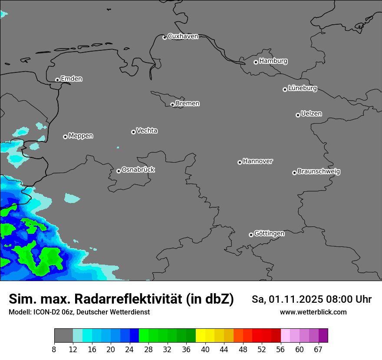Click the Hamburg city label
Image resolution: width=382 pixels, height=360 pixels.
pos(273,61)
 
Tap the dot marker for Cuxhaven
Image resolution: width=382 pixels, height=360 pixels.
pos(165,37)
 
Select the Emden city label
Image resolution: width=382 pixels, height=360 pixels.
pos(71,79)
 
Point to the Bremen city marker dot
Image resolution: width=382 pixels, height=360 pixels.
pos(172,105)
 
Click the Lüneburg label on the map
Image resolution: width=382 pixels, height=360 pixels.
pos(302,88)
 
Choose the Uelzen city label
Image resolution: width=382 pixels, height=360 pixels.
pos(311,114)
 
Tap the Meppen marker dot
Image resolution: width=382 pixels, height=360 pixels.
pos(65,137)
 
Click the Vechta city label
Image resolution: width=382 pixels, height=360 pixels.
pos(147,131)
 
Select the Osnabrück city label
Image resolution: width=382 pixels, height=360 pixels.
pos(138,170)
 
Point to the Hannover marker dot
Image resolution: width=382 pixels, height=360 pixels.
pos(240,162)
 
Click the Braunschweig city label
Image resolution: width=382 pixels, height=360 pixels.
pos(319,172)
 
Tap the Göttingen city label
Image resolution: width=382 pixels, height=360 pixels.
pos(269,234)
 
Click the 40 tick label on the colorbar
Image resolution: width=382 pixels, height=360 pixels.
pos(205,350)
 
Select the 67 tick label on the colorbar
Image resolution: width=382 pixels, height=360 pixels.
pos(318,350)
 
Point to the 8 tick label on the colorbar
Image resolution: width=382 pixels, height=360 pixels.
pos(54,350)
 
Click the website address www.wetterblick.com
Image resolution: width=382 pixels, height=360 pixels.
pos(313,312)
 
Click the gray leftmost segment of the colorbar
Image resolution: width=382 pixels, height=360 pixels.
pos(63,336)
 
